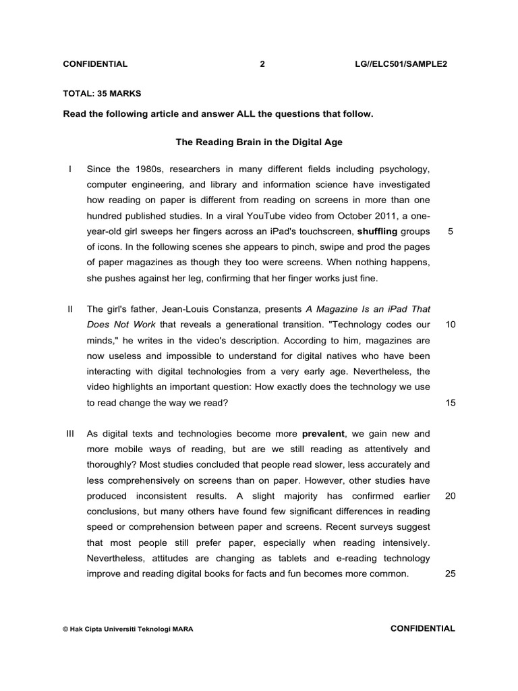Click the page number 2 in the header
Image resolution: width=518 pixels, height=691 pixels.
[262, 64]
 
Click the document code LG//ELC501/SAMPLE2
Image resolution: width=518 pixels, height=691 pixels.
[401, 64]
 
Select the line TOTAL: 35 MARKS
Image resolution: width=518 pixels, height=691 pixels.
[102, 93]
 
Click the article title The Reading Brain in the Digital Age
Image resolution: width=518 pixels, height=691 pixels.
[259, 142]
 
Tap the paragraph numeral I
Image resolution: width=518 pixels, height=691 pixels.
[71, 168]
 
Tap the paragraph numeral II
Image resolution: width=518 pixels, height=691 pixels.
[70, 309]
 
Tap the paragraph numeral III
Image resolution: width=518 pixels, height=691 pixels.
[70, 433]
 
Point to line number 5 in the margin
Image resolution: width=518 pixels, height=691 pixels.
[450, 231]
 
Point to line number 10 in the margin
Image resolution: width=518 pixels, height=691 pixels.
[451, 325]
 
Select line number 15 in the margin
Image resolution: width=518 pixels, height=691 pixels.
[451, 403]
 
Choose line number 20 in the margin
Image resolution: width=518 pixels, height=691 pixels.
[451, 496]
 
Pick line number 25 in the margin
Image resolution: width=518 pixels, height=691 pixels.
[451, 574]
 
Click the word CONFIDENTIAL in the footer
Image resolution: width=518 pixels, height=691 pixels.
[423, 628]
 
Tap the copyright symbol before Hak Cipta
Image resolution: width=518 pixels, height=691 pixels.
[65, 629]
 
